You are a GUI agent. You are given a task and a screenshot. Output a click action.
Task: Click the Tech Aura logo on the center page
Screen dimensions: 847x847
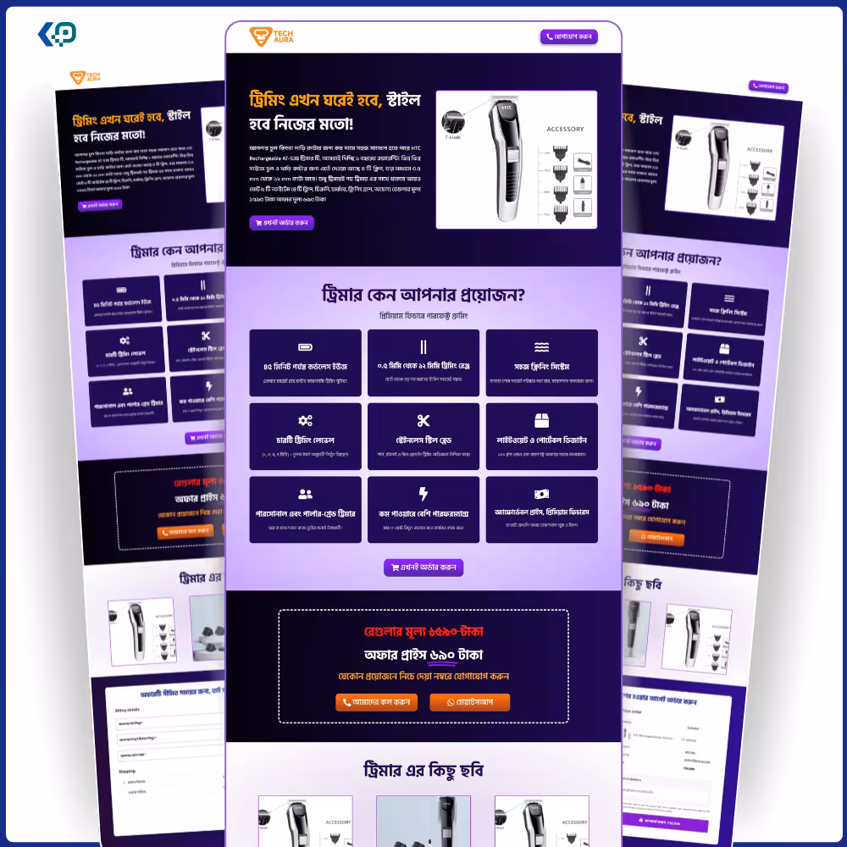tap(272, 36)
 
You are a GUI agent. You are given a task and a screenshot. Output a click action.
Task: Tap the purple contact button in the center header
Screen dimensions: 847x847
tap(569, 36)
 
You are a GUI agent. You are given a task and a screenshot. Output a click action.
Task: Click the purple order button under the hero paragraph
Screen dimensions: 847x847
tap(282, 223)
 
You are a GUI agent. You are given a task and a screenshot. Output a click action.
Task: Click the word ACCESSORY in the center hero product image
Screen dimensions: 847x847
tap(565, 130)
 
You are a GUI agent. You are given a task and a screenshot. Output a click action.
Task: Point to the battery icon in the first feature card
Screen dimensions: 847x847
tap(305, 347)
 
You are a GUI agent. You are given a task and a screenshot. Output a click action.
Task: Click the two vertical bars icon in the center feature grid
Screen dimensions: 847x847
tap(423, 347)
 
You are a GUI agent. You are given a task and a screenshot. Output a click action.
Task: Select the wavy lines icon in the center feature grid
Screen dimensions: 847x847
tap(541, 347)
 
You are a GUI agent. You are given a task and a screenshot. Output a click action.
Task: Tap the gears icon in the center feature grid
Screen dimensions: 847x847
tap(305, 421)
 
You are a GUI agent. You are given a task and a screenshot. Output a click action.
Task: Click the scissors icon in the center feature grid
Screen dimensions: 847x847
tap(423, 421)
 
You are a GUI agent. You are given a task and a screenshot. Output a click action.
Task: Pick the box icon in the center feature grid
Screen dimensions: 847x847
tap(541, 421)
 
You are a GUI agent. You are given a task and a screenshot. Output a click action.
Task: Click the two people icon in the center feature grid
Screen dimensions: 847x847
tap(305, 494)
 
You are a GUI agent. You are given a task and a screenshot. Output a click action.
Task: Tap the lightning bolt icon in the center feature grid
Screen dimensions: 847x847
tap(423, 494)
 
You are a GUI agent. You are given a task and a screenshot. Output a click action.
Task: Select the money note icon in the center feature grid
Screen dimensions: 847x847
tap(541, 494)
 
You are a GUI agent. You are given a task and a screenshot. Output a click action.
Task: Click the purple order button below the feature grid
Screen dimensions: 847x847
tap(423, 567)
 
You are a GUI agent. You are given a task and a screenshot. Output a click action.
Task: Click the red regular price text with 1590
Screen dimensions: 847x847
tap(423, 632)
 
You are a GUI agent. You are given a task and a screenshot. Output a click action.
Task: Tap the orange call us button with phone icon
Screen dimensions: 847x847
tap(376, 702)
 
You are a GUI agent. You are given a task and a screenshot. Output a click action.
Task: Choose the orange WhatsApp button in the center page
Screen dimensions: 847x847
tap(470, 702)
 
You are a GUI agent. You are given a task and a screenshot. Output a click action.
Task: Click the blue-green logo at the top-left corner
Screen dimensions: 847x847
tap(58, 34)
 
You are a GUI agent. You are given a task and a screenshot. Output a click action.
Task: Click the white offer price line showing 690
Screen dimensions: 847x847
tap(423, 655)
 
